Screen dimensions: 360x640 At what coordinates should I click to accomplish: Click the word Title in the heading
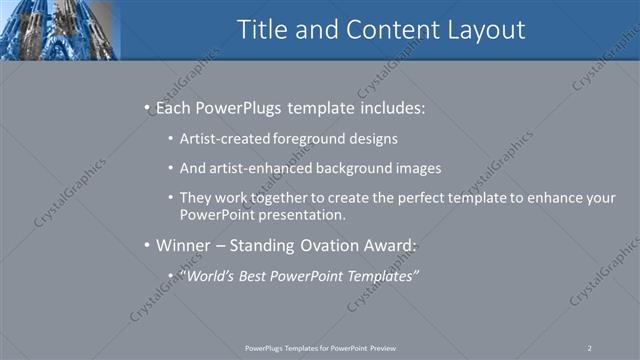(262, 30)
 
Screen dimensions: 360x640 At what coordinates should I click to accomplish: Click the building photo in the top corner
(60, 29)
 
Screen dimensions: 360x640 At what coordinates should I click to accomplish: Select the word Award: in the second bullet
(390, 245)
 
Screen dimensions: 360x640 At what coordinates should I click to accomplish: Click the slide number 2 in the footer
(589, 347)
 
